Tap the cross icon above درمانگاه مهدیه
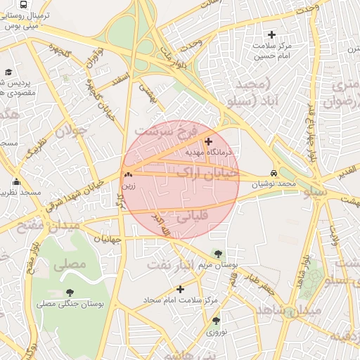point(208,141)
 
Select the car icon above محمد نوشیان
point(274,174)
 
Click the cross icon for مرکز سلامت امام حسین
point(271,34)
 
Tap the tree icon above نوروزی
point(216,321)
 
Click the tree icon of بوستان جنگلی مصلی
point(70,292)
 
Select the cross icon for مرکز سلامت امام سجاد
point(181,289)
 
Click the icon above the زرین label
point(127,176)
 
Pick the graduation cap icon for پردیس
point(8,72)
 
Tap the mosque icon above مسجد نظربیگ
point(15,182)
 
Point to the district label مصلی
point(69,264)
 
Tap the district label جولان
point(70,131)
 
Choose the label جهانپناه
point(107,239)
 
